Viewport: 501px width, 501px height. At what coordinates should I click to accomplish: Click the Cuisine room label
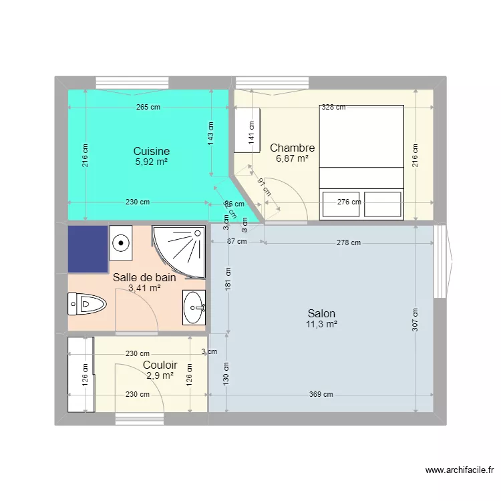click(x=151, y=152)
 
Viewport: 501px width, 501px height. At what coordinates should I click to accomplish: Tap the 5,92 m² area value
click(x=151, y=162)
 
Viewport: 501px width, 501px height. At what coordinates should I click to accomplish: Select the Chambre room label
click(x=292, y=148)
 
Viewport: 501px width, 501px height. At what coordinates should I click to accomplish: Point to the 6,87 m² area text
click(x=292, y=159)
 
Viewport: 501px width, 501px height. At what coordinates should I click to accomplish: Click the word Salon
click(x=321, y=313)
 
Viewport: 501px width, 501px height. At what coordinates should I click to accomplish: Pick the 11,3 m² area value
click(x=321, y=325)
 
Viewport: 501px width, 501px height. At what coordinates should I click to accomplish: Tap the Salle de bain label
click(x=144, y=277)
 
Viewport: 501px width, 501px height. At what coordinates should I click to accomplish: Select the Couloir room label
click(x=160, y=365)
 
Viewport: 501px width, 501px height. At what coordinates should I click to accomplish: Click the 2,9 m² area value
click(x=160, y=376)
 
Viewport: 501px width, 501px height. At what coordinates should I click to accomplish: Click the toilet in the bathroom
click(x=87, y=305)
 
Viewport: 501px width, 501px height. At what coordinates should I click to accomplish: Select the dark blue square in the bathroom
click(x=88, y=248)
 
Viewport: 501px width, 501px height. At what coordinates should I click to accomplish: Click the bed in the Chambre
click(x=361, y=162)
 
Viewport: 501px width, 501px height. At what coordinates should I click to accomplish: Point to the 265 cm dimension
click(x=147, y=107)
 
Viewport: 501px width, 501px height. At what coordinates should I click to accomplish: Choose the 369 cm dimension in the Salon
click(x=321, y=394)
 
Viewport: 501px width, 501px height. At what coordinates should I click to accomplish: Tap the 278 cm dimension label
click(x=348, y=242)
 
